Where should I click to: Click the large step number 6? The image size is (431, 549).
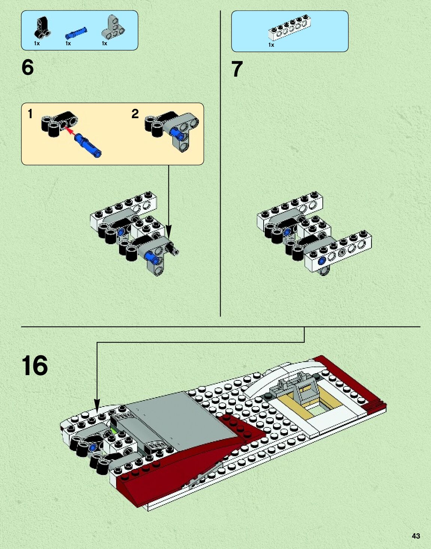point(28,68)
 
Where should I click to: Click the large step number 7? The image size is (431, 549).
point(237,70)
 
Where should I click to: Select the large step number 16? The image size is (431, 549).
point(35,365)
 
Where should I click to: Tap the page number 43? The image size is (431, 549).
point(416,536)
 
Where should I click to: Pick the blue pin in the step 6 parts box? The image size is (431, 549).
point(76,33)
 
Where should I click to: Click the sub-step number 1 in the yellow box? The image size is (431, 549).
point(30,114)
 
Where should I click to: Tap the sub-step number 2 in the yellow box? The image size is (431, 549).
point(135,114)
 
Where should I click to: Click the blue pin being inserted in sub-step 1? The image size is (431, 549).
point(88,146)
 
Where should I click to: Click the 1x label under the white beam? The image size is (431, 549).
point(271,45)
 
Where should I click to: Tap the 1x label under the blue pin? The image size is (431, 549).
point(68,43)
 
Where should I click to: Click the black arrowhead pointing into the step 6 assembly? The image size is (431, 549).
point(169,231)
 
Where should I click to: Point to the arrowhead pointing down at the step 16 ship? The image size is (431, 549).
point(97,406)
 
